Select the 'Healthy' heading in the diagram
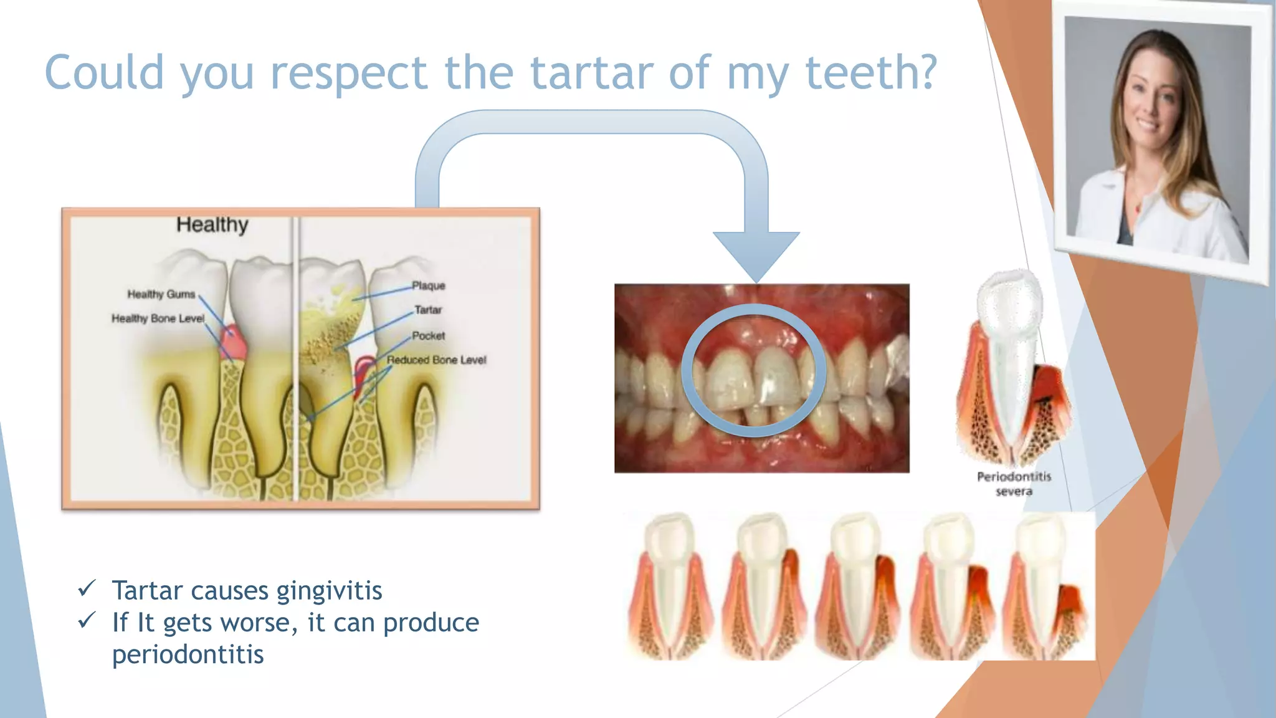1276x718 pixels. point(212,224)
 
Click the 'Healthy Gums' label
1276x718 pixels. point(161,294)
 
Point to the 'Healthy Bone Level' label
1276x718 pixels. point(158,318)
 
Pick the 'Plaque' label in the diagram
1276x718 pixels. point(429,285)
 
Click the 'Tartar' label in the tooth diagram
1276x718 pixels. point(428,310)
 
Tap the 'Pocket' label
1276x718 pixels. point(429,336)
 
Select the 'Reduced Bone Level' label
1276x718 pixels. point(436,360)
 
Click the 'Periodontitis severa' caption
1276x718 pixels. point(1014,484)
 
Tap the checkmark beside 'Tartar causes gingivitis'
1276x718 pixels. point(87,588)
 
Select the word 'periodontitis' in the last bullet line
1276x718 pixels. point(188,654)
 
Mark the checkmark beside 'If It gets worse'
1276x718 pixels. point(87,620)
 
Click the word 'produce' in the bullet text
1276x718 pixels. point(431,623)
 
